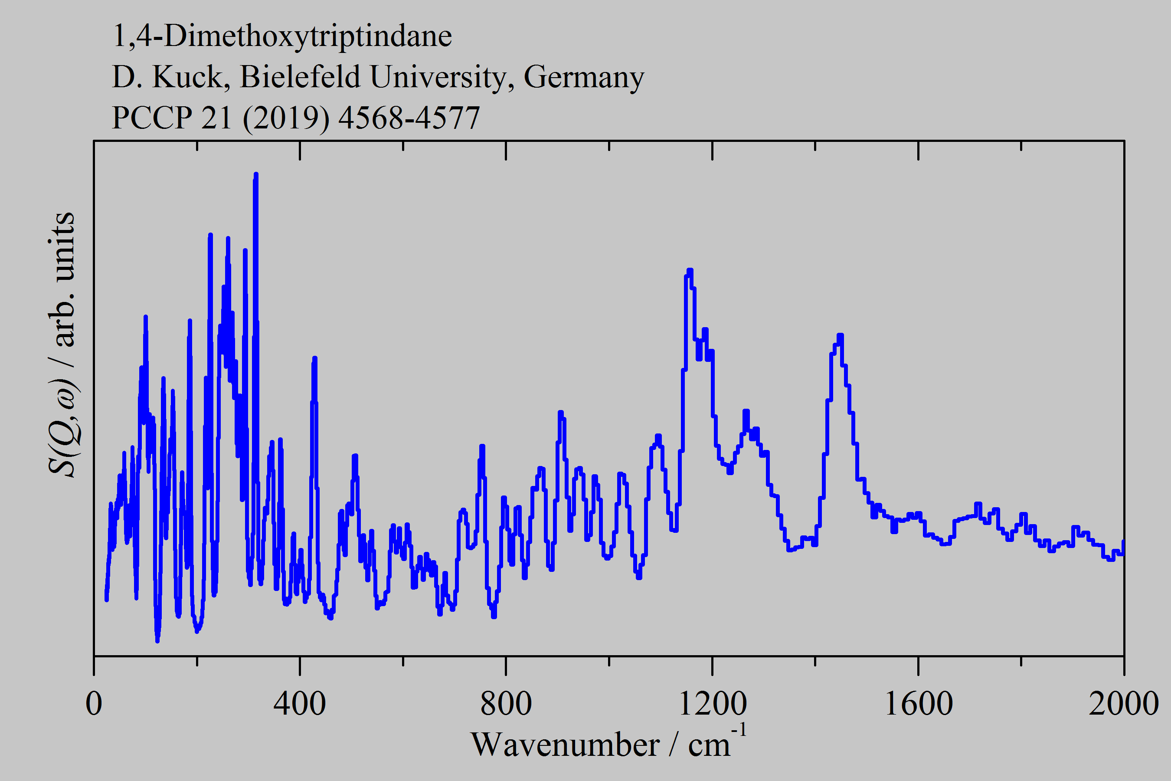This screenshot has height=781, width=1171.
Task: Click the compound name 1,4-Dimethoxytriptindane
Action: pos(282,36)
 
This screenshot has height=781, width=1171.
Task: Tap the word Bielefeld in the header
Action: pos(300,77)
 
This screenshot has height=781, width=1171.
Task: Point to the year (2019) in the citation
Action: pos(286,118)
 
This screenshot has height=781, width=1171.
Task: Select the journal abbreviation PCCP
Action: pos(152,118)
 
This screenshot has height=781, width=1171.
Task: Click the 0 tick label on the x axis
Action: pos(94,704)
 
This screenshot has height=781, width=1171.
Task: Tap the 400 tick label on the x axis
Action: pos(300,704)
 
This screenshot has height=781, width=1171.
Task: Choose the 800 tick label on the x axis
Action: pos(506,704)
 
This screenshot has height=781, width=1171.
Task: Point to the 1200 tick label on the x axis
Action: pos(712,704)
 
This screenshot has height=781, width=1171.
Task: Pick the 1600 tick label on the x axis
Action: pos(918,704)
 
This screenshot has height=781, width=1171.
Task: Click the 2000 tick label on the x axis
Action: pos(1123,704)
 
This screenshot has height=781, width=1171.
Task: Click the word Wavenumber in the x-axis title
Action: pos(565,745)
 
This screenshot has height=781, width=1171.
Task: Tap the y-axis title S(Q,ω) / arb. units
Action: pos(62,344)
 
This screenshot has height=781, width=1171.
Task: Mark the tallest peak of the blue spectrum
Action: pos(256,174)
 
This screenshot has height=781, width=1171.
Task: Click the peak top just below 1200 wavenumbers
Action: pos(690,270)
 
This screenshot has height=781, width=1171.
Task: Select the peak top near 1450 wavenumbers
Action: pos(841,335)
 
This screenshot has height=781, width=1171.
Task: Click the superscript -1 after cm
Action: pos(739,731)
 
